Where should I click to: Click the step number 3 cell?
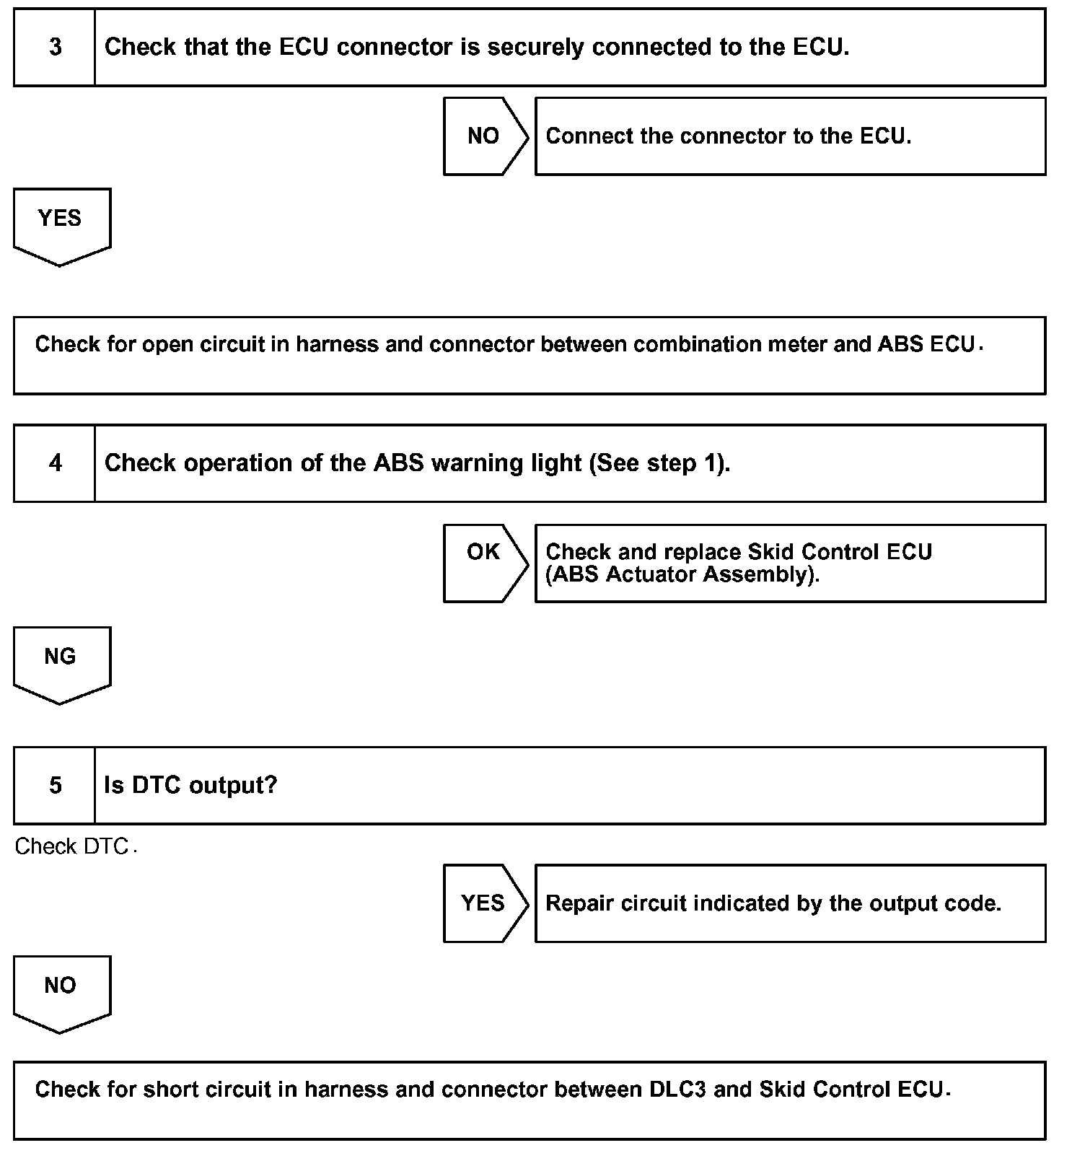click(55, 48)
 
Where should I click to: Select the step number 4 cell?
click(55, 463)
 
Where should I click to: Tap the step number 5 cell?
click(55, 786)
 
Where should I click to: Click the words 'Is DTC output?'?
click(190, 786)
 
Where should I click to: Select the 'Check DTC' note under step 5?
click(72, 846)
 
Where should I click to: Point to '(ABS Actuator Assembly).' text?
click(682, 575)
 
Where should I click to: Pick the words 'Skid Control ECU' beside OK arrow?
click(840, 552)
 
